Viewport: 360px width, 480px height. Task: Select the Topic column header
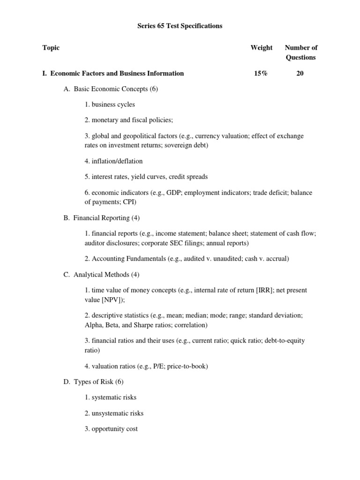pos(51,47)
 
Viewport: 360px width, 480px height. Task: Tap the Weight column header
pos(262,47)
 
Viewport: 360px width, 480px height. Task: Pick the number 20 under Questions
pos(300,73)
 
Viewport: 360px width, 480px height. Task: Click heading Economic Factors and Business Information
pos(117,73)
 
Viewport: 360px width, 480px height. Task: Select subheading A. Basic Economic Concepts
pos(111,89)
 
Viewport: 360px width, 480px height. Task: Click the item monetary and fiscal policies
pos(129,120)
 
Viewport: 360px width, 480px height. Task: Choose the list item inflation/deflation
pos(113,161)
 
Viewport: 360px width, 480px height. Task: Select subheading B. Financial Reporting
pos(101,217)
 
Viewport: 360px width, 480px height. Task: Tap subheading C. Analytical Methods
pos(101,274)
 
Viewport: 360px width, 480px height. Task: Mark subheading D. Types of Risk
pos(93,382)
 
